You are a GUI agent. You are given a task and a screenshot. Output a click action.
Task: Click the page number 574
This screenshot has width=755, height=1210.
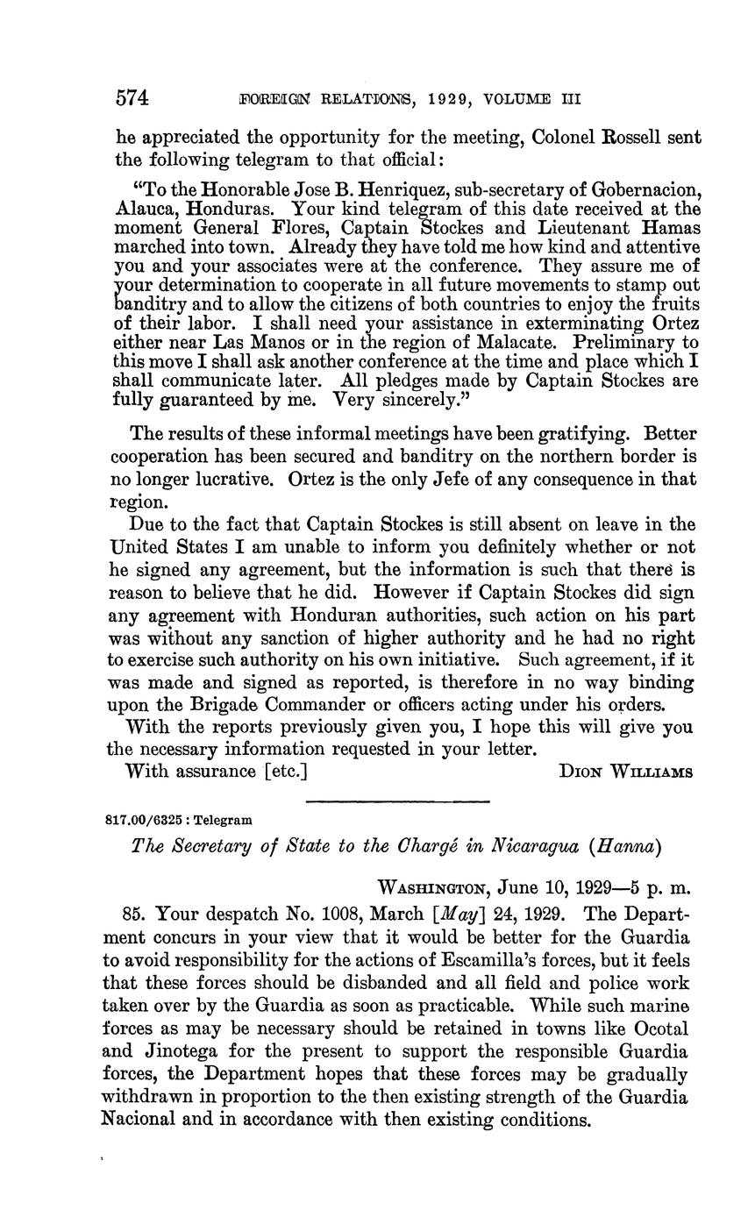coord(132,98)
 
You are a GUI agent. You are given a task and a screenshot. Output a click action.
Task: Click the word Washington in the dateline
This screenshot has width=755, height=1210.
coord(432,887)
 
